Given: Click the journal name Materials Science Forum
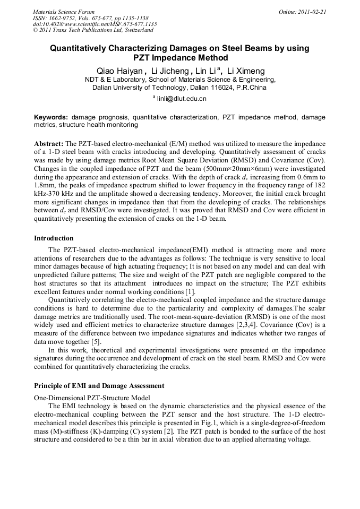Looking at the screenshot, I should click(x=64, y=12).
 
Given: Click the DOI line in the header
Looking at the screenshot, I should click(x=95, y=24).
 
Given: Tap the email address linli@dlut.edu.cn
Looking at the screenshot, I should click(x=182, y=99).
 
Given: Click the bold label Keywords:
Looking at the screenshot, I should click(x=51, y=117).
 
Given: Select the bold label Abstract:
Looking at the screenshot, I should click(x=48, y=144).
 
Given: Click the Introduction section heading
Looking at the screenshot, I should click(x=54, y=238).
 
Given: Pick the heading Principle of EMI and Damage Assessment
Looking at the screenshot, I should click(x=99, y=386).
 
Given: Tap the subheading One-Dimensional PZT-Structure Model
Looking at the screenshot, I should click(x=92, y=398).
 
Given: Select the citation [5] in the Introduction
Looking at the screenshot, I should click(x=96, y=342).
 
